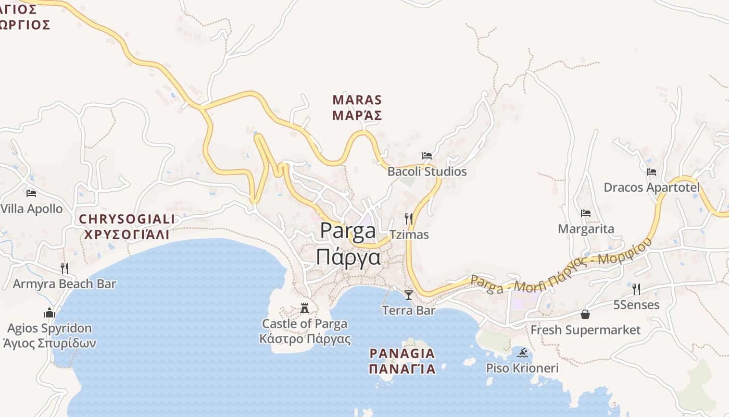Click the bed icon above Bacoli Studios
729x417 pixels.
[427, 156]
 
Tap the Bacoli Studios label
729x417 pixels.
[427, 171]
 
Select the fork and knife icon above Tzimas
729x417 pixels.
[409, 219]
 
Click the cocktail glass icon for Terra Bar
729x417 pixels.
[409, 295]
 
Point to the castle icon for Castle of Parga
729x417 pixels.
[305, 308]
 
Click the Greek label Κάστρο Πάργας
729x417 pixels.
[305, 339]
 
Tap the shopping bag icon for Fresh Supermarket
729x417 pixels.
[585, 314]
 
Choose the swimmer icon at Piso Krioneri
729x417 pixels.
[522, 353]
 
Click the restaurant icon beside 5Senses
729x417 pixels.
[636, 289]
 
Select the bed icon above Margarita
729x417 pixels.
[586, 213]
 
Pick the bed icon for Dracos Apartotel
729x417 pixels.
[651, 172]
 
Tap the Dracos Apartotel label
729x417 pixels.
[651, 188]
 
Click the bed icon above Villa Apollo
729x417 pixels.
[31, 193]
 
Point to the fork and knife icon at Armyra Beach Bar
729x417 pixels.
[65, 268]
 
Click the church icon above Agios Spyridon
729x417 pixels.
[49, 313]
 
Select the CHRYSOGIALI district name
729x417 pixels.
[127, 219]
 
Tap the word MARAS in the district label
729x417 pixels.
[357, 100]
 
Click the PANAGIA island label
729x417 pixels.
[402, 353]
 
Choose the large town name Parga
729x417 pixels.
[348, 230]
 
